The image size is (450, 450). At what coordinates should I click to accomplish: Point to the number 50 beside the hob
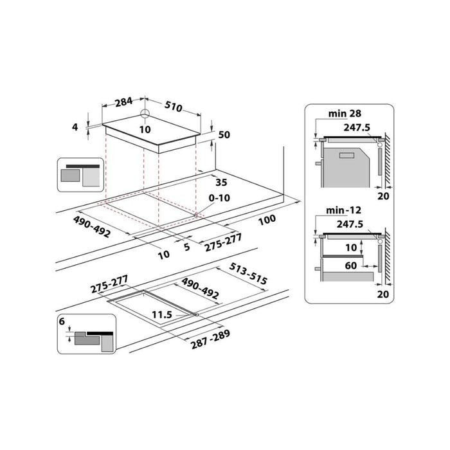point(224,135)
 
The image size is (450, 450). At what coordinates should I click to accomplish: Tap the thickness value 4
point(75,127)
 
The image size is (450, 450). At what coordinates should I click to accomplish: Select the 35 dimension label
point(222,182)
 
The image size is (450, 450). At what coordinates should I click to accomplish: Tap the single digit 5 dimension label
point(186,246)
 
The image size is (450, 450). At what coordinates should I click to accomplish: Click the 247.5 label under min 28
point(357,128)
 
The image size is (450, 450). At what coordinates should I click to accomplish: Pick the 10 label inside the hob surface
point(145,129)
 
